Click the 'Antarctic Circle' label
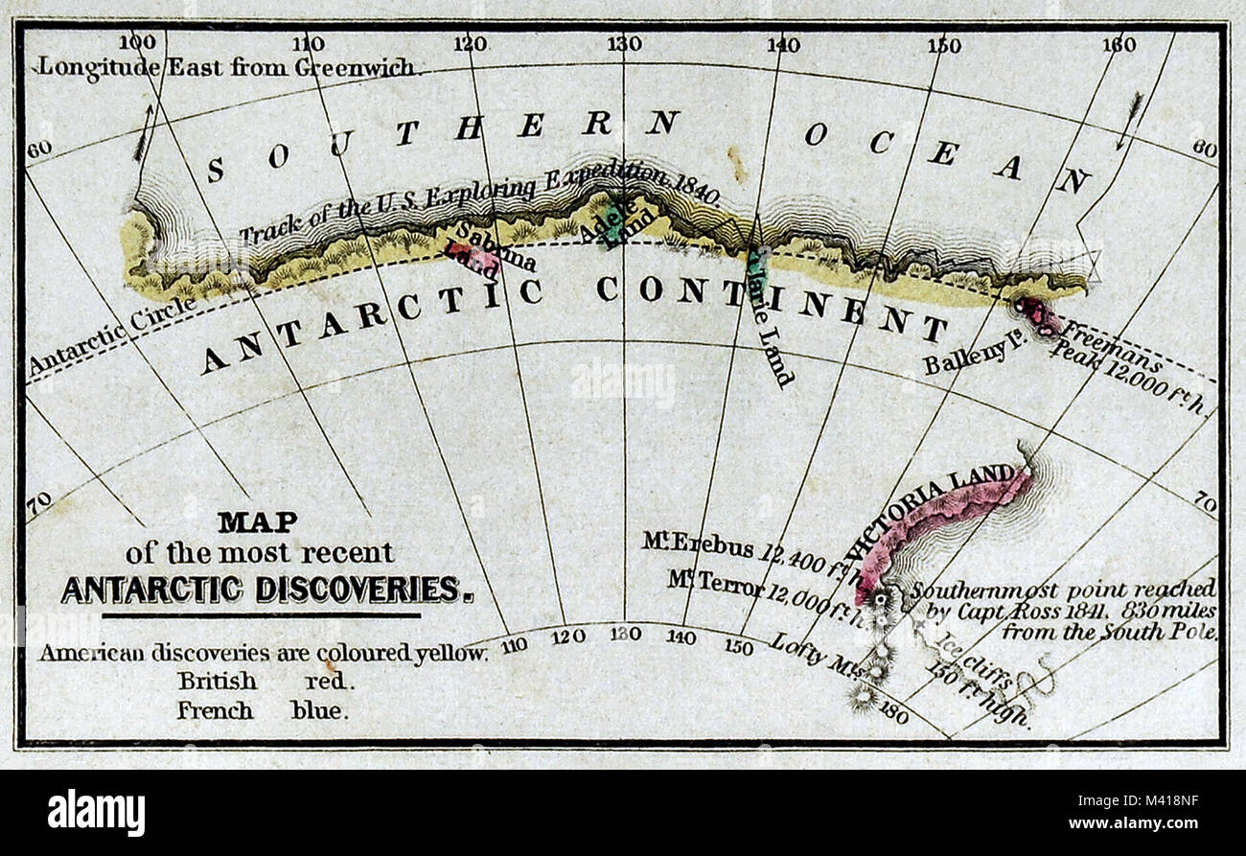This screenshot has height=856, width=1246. coord(111,335)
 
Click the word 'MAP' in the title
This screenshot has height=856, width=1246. coord(257,521)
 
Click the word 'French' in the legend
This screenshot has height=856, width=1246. coord(215,711)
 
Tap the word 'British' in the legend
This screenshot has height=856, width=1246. coord(217,682)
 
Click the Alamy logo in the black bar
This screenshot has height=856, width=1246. coord(96,812)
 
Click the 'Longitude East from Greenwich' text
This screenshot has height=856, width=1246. coord(228,67)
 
